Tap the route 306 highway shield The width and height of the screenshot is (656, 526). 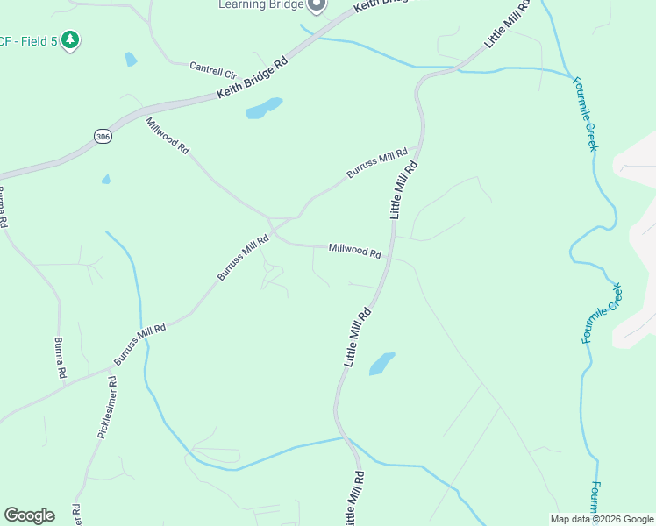(x=103, y=136)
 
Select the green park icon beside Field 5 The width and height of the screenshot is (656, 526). (x=70, y=40)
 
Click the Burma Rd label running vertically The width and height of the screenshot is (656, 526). (x=61, y=358)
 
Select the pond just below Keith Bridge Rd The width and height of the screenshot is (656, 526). (x=264, y=108)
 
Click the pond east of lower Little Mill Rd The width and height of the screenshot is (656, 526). (x=381, y=363)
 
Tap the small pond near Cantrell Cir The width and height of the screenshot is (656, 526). (x=131, y=60)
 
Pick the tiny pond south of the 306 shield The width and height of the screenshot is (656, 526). (x=106, y=180)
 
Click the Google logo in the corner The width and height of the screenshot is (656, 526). (x=30, y=515)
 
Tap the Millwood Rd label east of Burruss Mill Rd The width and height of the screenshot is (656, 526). (x=354, y=251)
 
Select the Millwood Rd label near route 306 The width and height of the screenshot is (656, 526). (x=168, y=136)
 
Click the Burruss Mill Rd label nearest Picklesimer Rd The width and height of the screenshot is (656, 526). (x=139, y=345)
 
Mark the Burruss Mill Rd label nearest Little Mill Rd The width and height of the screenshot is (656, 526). (x=377, y=163)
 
